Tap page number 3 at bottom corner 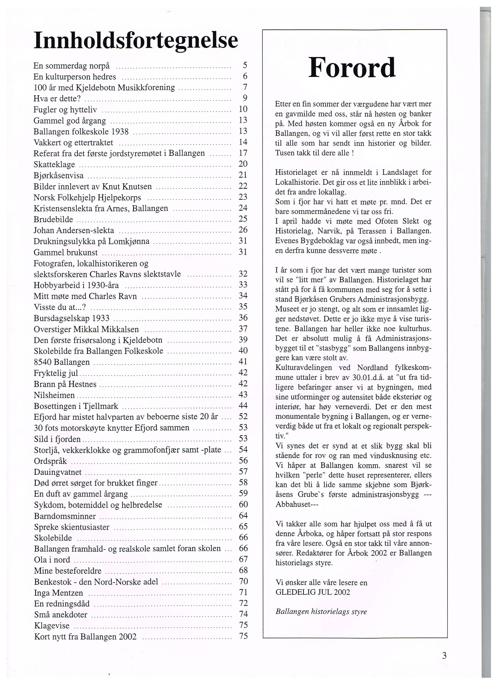coord(444,656)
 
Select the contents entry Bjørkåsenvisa coord(59,175)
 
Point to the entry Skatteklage coord(54,165)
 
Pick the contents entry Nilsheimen coord(54,395)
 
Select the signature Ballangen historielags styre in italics coord(321,612)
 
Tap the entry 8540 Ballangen coord(62,362)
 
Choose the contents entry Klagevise coord(52,625)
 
